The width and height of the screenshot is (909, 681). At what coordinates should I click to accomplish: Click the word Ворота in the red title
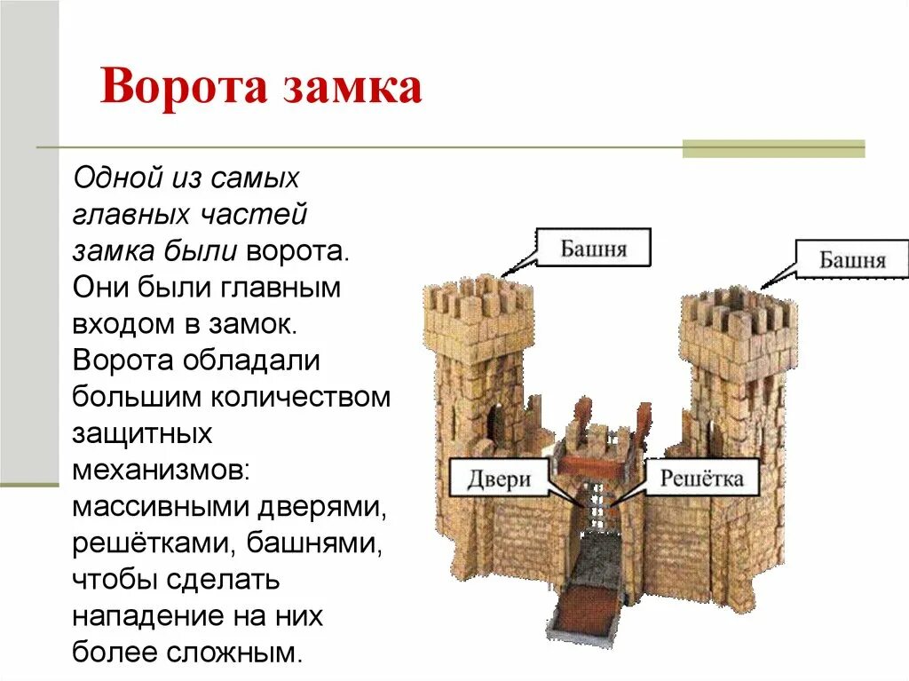(x=182, y=89)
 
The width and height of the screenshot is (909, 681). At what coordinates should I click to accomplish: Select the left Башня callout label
(x=593, y=248)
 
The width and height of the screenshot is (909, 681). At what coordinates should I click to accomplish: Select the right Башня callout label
(x=851, y=259)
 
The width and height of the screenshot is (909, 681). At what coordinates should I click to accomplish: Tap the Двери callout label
(x=498, y=479)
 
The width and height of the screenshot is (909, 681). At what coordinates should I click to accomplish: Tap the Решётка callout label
(x=701, y=479)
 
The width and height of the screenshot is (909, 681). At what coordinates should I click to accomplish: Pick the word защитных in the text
(x=142, y=433)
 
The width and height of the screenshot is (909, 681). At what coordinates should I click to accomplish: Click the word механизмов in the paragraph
(x=160, y=470)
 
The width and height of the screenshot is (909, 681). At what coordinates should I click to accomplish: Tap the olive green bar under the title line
(x=772, y=149)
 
